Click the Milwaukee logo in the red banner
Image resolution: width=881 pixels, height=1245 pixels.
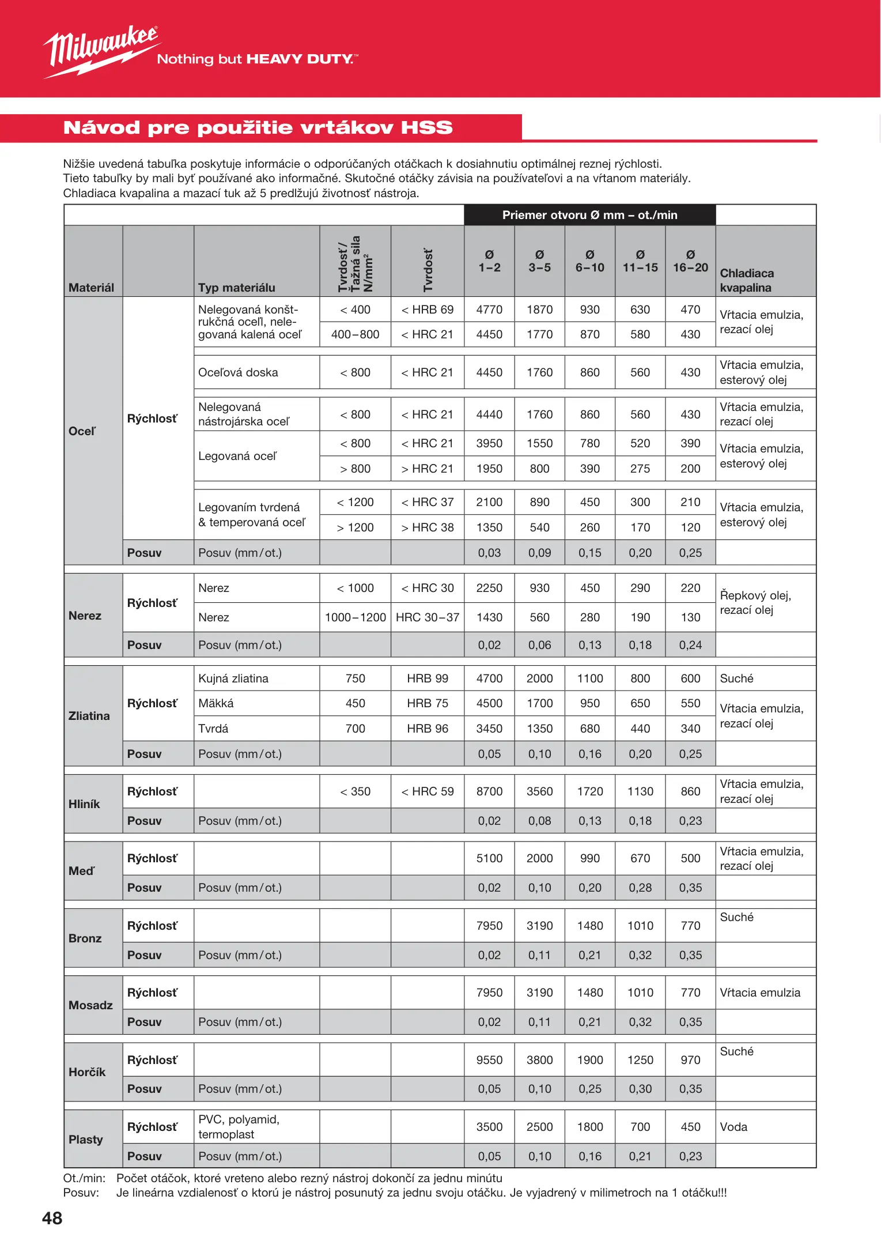pos(101,51)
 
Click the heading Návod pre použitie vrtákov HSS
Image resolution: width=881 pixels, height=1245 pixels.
pos(258,127)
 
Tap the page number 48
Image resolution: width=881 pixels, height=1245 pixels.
pos(52,1218)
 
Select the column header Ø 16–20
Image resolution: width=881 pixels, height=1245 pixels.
pos(690,261)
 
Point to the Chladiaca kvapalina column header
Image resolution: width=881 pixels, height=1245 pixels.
pos(747,280)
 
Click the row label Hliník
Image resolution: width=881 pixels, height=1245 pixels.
pos(84,804)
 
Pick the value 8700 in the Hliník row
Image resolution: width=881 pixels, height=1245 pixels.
pos(489,791)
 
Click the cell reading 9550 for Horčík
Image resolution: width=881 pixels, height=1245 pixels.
pos(489,1060)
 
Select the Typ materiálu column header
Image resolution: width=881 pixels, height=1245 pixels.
pos(236,288)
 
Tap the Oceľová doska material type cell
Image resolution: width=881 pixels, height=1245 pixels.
pos(238,372)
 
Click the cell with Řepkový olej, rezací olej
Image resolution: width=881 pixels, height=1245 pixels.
pos(755,602)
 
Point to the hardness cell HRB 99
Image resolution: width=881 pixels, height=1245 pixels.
pos(427,678)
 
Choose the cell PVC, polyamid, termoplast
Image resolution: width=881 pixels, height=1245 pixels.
pos(239,1127)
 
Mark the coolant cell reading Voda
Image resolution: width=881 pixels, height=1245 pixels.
pos(733,1127)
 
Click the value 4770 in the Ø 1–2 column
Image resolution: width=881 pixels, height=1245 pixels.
pos(489,310)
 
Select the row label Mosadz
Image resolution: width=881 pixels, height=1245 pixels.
pos(90,1005)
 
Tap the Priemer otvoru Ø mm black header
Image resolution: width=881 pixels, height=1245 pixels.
pos(589,215)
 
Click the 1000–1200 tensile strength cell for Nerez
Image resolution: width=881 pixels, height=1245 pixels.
pos(355,617)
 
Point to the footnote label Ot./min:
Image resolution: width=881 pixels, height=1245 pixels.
pos(84,1178)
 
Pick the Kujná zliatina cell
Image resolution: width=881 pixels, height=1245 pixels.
pos(233,678)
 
